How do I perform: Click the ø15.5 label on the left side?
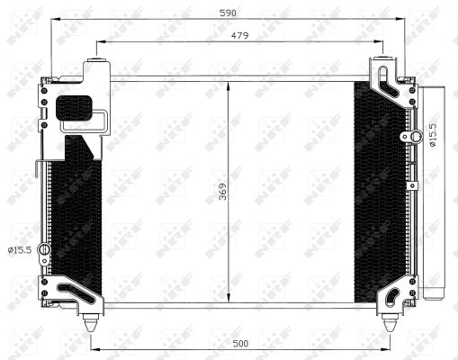point(19,248)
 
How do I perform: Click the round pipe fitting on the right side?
point(417,137)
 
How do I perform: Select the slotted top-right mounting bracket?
point(388,81)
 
